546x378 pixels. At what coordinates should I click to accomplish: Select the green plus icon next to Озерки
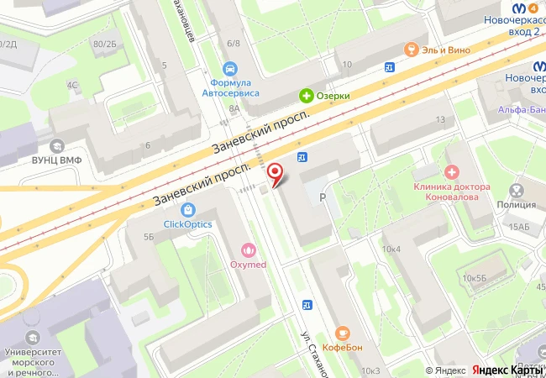click(307, 96)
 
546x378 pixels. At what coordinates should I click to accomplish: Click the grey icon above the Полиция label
click(517, 190)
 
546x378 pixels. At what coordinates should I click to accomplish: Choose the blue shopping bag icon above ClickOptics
click(187, 209)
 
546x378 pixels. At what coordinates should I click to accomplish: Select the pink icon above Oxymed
click(249, 249)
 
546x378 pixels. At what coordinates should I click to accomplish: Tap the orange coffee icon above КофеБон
click(342, 333)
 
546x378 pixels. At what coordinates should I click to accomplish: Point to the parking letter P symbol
click(323, 197)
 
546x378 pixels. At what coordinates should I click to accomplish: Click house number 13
click(440, 120)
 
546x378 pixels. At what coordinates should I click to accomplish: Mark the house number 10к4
click(391, 249)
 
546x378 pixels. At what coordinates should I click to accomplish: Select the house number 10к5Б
click(475, 277)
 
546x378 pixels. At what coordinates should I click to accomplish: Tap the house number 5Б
click(149, 238)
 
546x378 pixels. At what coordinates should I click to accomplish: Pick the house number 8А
click(234, 108)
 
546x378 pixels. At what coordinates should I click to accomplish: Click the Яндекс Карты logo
click(507, 370)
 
